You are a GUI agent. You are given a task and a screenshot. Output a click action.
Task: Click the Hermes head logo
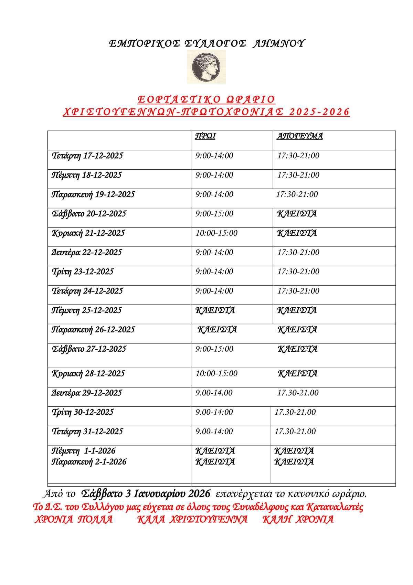click(x=206, y=66)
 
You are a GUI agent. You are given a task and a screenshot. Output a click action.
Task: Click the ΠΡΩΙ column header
click(x=205, y=136)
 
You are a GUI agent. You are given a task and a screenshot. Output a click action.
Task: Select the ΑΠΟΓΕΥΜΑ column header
click(x=300, y=136)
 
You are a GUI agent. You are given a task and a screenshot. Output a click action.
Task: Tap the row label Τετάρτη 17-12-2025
click(x=87, y=156)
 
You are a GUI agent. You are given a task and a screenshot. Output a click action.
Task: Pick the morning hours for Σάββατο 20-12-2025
click(x=214, y=214)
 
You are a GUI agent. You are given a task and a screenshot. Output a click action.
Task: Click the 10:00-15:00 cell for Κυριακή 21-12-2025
click(x=216, y=233)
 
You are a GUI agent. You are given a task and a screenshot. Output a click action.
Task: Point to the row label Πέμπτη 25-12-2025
click(x=86, y=310)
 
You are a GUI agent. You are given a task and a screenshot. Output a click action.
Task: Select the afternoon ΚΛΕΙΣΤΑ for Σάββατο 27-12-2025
click(x=297, y=349)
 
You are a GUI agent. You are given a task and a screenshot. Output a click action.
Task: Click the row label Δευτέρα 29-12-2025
click(x=86, y=393)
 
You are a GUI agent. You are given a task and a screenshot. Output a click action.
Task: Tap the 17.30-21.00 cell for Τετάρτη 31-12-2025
click(x=295, y=432)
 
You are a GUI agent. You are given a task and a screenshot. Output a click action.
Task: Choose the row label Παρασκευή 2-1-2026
click(x=89, y=462)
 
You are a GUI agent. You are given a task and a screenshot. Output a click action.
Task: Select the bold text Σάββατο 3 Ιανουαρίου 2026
click(x=146, y=494)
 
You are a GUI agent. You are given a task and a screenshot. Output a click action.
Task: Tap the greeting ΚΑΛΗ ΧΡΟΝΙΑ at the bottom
click(x=298, y=519)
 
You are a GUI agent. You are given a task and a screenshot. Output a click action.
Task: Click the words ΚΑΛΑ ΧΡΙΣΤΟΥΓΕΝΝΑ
click(x=192, y=519)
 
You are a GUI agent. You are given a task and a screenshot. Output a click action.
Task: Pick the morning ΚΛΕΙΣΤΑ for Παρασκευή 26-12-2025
click(x=217, y=330)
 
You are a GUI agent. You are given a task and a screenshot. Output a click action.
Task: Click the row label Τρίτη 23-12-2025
click(x=82, y=272)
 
